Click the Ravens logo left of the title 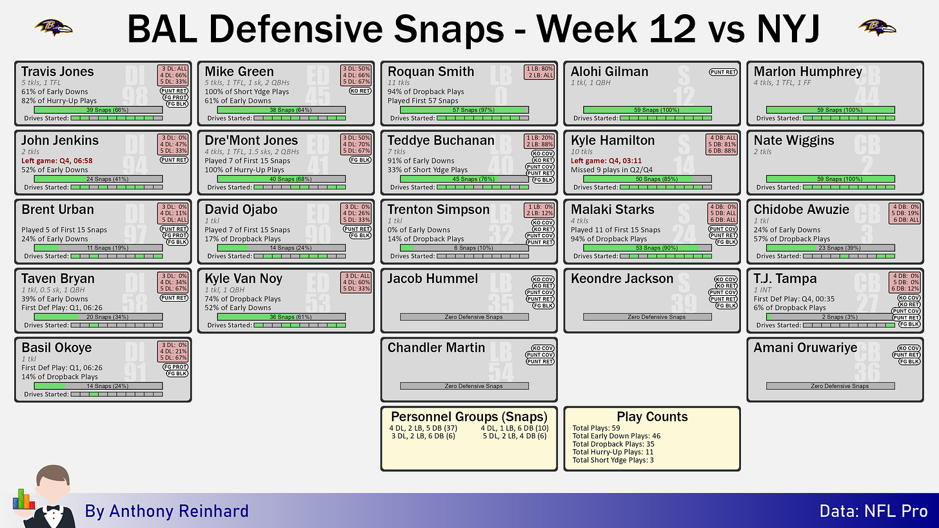[x=54, y=28]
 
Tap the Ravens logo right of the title [x=877, y=28]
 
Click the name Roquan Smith [x=431, y=72]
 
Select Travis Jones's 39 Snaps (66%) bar [x=99, y=110]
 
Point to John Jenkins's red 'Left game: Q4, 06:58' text [x=57, y=161]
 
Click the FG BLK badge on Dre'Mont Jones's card [x=360, y=160]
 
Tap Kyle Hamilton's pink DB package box [x=722, y=144]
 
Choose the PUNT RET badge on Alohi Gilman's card [x=723, y=72]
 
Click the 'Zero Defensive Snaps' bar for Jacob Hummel [x=464, y=317]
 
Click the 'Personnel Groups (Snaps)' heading [x=469, y=416]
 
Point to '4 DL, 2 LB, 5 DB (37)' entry [x=423, y=428]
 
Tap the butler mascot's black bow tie [x=54, y=509]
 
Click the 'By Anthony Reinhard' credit [x=166, y=511]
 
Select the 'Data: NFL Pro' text [x=874, y=511]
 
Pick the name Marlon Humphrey [x=807, y=72]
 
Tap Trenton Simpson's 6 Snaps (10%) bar [x=464, y=248]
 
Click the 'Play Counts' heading [x=652, y=416]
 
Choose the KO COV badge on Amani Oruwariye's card [x=909, y=348]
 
